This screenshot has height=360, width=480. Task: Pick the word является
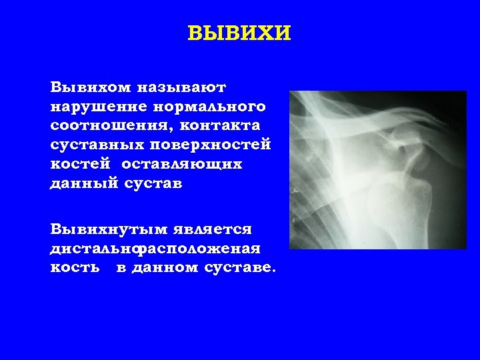(213, 229)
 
